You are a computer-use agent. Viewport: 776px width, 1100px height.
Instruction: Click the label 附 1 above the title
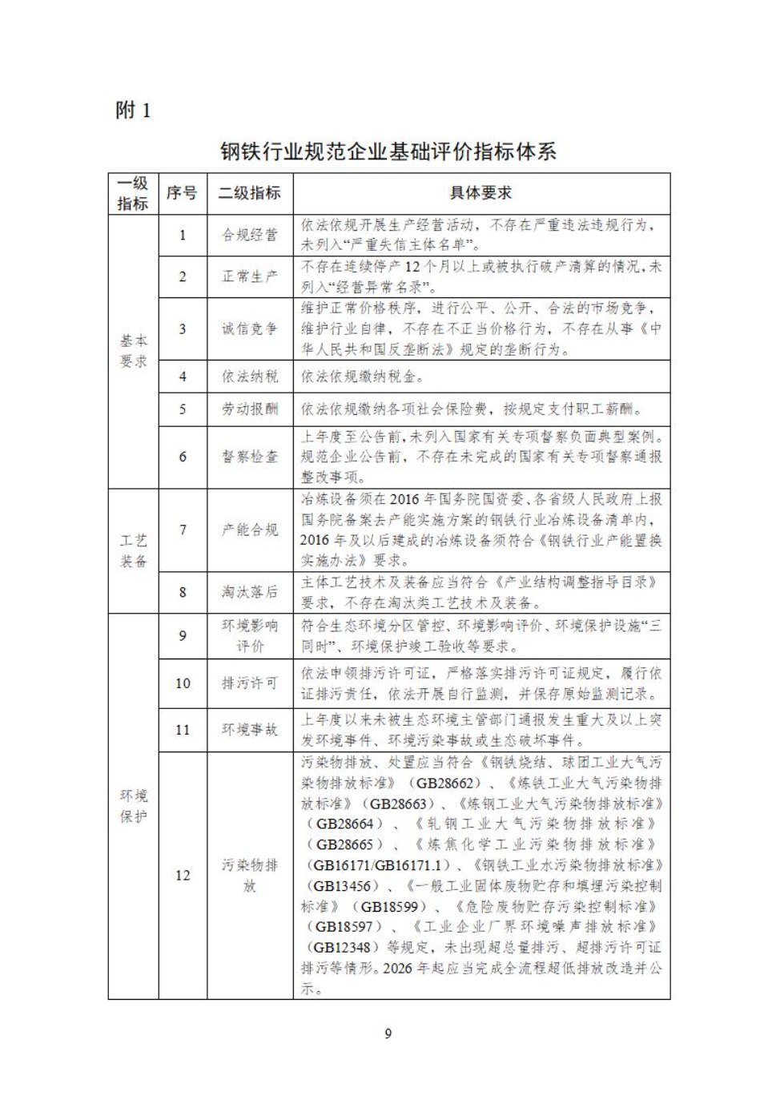[133, 110]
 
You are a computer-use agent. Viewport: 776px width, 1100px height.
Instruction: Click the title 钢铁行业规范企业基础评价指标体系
[388, 151]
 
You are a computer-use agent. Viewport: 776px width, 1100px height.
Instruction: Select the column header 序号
[182, 193]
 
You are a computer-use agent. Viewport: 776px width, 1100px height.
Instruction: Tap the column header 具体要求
[480, 193]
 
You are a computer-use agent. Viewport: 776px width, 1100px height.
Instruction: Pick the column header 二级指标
[250, 193]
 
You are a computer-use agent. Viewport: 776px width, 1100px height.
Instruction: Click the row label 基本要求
[134, 351]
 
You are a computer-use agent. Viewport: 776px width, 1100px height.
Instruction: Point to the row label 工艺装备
[134, 551]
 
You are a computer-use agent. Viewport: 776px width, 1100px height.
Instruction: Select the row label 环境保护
[134, 806]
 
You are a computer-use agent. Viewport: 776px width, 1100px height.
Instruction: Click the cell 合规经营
[250, 235]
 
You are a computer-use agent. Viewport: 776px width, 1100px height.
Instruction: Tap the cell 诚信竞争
[250, 328]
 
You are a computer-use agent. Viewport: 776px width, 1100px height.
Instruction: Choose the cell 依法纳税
[250, 377]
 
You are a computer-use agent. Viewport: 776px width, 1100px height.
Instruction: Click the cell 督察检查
[250, 457]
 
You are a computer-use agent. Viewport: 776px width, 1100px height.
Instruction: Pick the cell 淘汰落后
[250, 592]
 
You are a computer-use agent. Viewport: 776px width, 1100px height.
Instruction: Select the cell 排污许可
[250, 683]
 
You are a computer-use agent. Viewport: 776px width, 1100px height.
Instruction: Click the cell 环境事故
[250, 730]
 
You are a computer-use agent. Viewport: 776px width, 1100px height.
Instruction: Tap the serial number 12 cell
[183, 875]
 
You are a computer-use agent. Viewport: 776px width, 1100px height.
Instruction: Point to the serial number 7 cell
[183, 530]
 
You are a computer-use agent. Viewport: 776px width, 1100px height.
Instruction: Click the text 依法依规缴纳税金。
[362, 377]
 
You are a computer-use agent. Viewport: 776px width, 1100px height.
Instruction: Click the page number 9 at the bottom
[388, 1034]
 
